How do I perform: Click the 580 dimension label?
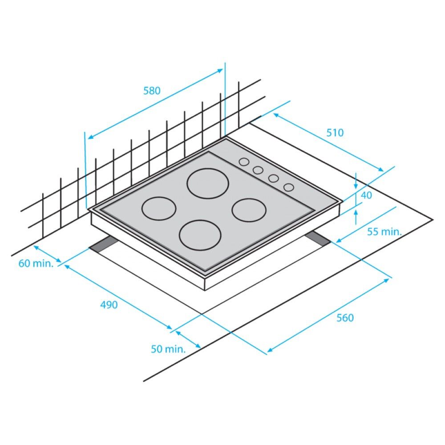(151, 91)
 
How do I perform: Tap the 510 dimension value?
(335, 133)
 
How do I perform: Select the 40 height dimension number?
(367, 195)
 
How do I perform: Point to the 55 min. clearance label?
(384, 231)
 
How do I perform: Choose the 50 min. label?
(168, 349)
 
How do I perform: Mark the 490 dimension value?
(109, 305)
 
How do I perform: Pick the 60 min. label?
(36, 263)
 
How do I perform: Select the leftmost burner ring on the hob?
(159, 208)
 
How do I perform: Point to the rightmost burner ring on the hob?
(248, 210)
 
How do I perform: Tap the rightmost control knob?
(289, 187)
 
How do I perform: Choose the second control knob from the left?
(258, 170)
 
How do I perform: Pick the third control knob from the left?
(273, 178)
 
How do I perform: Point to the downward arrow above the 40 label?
(356, 182)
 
